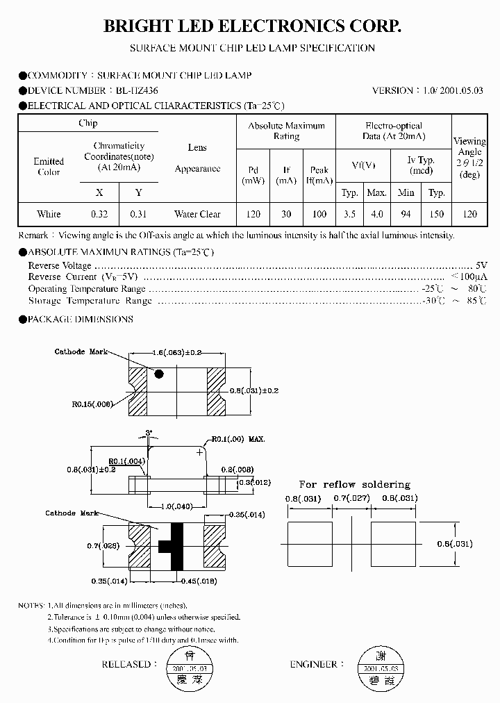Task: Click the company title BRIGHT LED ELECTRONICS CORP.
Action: [252, 26]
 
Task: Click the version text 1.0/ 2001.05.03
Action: [452, 90]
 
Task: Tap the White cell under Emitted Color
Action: [49, 214]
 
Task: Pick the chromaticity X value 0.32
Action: [99, 214]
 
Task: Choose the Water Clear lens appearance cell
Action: [197, 214]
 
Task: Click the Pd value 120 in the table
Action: [253, 214]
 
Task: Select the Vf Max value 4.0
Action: [376, 214]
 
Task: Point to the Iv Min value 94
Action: [406, 214]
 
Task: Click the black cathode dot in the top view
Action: [158, 374]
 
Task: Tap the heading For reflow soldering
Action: [354, 484]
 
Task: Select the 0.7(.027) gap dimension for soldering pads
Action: [351, 499]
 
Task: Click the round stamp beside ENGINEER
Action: [380, 666]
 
